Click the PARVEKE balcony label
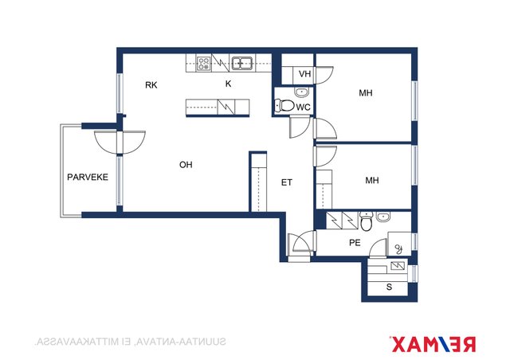pos(88,178)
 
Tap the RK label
pos(151,85)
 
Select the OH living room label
pos(186,165)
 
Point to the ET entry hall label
pos(287,182)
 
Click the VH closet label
pos(304,74)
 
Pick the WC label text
pos(303,108)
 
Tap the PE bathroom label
pos(355,243)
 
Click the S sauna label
pos(389,288)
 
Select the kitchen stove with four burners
pos(204,64)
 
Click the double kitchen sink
pos(242,63)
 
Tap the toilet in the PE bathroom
pos(366,221)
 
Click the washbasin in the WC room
pos(302,92)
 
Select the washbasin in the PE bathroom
pos(384,217)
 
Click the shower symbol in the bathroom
pos(399,249)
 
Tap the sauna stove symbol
pos(398,266)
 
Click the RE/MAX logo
pos(433,344)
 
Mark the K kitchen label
pos(229,84)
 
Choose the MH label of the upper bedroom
pos(366,93)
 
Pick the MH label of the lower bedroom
pos(372,181)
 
